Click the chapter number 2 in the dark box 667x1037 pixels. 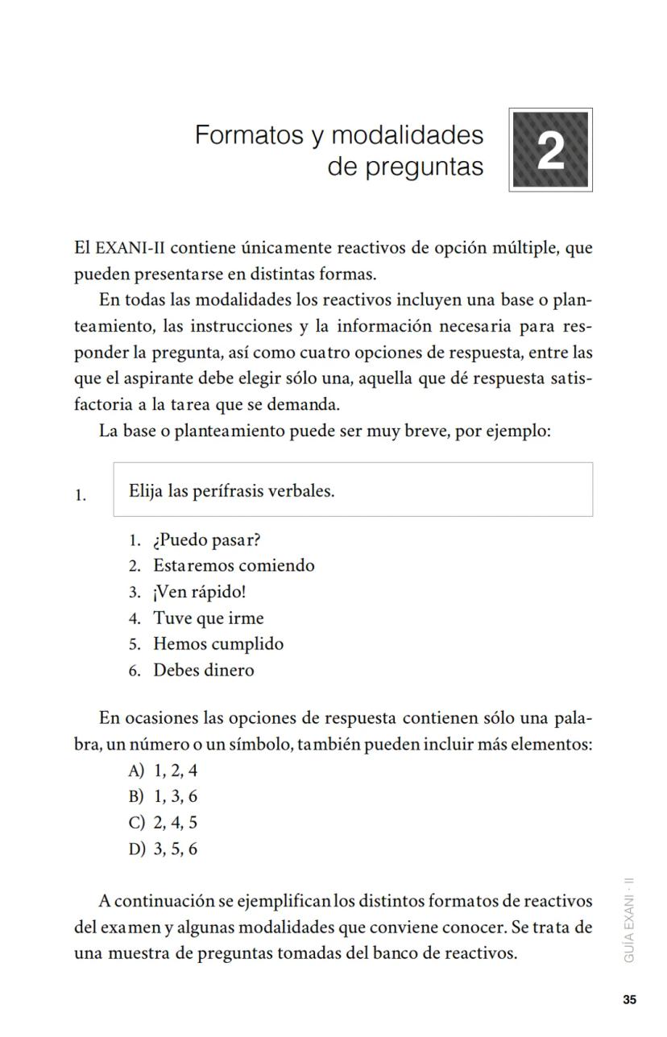(550, 151)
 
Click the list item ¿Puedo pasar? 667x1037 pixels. (206, 539)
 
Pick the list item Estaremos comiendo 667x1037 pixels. (234, 565)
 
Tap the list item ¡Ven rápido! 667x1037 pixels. (199, 592)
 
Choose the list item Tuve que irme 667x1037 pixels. (208, 618)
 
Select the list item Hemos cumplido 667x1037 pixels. (217, 644)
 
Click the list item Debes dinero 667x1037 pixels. (203, 671)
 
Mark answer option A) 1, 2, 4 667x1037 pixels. (163, 771)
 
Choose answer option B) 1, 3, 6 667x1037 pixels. (163, 797)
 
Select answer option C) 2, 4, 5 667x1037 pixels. (163, 823)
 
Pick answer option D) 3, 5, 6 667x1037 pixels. (163, 849)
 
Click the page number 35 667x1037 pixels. (629, 1000)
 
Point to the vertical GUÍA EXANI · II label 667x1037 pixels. (629, 919)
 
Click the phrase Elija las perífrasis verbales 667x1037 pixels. (231, 490)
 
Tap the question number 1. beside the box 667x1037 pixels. (81, 496)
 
